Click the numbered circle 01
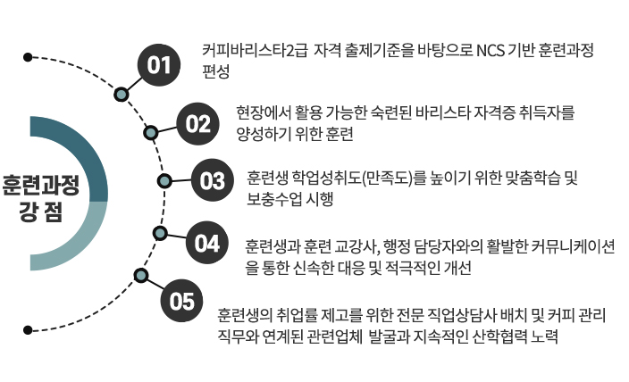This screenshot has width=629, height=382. [159, 64]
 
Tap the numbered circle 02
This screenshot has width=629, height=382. [197, 122]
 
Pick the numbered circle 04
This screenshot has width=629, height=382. [207, 242]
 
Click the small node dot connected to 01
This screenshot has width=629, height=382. [121, 93]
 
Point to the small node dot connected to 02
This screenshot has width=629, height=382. [152, 133]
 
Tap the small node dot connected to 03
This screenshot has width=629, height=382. [164, 181]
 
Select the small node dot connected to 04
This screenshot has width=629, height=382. [160, 233]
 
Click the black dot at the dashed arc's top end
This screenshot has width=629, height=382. [29, 58]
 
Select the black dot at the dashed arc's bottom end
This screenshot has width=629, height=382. [29, 329]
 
